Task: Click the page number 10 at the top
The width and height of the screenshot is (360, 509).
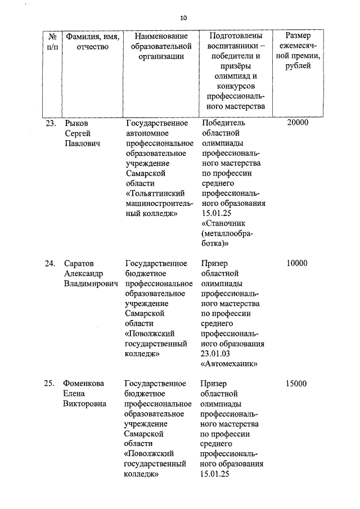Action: point(183,17)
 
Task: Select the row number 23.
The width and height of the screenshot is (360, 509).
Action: point(51,123)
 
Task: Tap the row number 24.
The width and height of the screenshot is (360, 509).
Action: point(51,263)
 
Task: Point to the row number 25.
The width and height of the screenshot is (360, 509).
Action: point(51,384)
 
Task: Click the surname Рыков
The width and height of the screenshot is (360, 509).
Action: point(77,123)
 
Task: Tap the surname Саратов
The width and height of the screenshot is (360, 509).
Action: point(80,263)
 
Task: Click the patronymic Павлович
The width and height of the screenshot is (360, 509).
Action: point(82,143)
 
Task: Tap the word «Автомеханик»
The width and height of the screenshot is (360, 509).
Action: point(229,364)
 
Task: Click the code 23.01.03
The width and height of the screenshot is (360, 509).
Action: point(216,354)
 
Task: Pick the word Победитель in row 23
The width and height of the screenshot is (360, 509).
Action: point(223,123)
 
